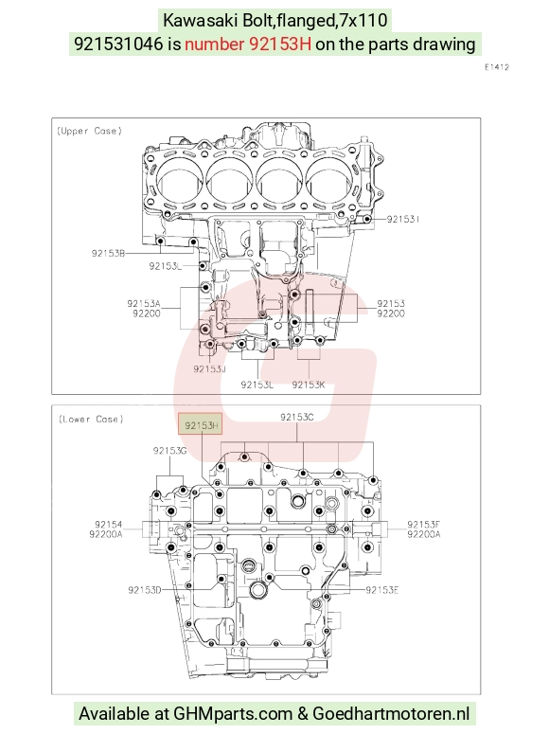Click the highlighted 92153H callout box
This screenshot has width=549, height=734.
(200, 425)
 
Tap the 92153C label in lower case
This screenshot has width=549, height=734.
(296, 417)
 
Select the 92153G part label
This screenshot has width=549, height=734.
(169, 450)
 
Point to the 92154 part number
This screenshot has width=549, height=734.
(109, 525)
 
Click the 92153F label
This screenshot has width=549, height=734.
(423, 525)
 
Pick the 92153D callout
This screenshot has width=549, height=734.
(145, 590)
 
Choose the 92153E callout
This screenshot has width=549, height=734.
(381, 590)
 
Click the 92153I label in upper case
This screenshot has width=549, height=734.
(403, 219)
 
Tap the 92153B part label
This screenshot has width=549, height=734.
(108, 253)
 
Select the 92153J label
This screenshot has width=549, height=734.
(210, 368)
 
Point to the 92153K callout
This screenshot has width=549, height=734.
(309, 385)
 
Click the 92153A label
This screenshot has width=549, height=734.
(144, 303)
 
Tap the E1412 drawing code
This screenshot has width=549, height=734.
(497, 67)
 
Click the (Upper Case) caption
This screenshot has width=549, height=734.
(89, 131)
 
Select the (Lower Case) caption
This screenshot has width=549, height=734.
(91, 419)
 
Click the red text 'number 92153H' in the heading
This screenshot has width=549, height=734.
(248, 44)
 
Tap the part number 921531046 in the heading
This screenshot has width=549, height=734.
(119, 44)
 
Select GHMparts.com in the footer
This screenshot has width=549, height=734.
(233, 713)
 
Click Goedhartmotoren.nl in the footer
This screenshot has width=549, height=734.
(391, 713)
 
